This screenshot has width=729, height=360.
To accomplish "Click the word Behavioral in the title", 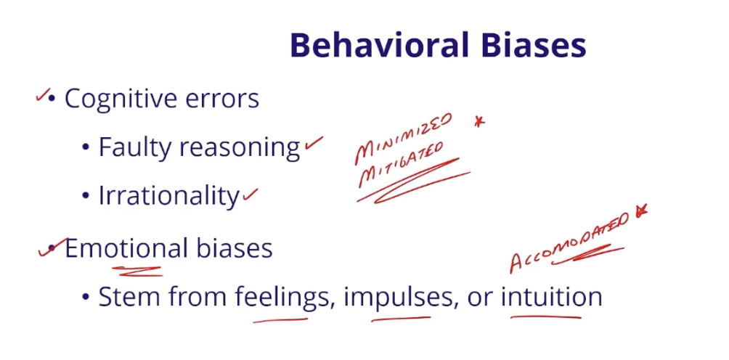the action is pos(370,45).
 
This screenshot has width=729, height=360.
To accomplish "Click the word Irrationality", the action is pos(168,196).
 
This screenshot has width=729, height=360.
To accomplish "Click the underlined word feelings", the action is pos(282,298).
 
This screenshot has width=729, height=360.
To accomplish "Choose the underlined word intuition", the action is pos(552,297).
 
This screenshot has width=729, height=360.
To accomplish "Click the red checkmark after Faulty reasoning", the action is pos(313,144).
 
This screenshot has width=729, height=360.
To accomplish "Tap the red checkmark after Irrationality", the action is pos(251,194).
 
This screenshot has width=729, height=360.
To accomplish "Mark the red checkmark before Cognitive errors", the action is pos(43,95).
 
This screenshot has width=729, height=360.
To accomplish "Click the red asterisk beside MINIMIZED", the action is pos(478,122).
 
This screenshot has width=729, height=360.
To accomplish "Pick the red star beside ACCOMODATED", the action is pos(640,211).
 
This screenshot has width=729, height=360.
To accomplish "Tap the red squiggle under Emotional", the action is pos(137,271).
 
